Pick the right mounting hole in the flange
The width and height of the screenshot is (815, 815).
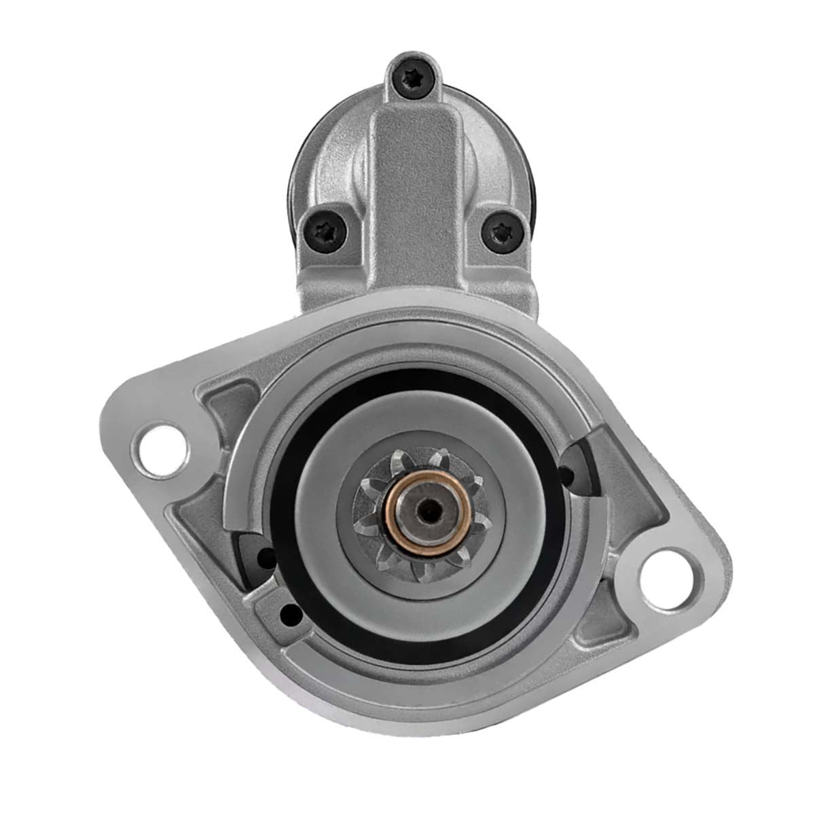click(x=668, y=570)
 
